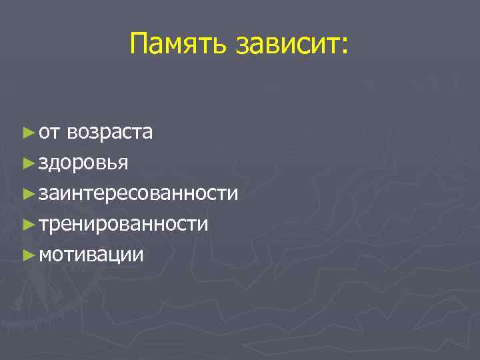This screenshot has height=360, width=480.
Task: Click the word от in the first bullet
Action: [x=49, y=132]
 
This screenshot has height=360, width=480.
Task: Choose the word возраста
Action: [x=109, y=132]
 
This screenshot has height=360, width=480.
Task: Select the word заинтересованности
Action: [x=138, y=193]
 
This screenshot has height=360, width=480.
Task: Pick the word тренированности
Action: [x=123, y=224]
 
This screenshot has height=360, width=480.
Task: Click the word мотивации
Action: [x=91, y=255]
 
